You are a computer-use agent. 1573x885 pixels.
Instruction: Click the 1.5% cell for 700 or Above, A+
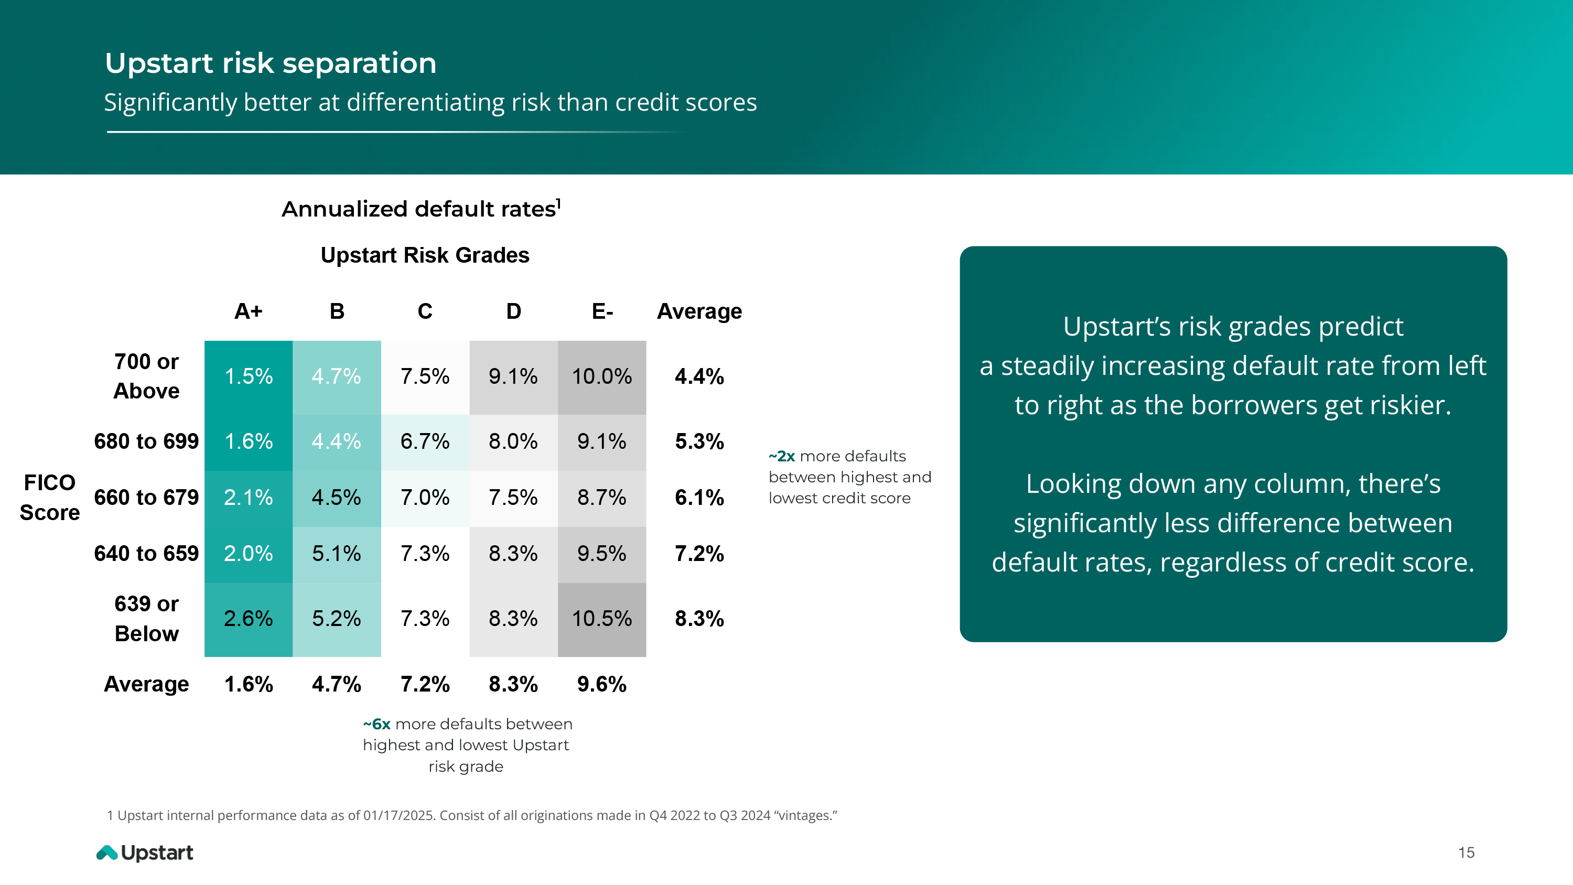pos(248,377)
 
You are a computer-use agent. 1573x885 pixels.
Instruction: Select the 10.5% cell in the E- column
pos(601,619)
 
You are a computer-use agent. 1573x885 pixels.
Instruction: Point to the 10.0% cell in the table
pos(601,377)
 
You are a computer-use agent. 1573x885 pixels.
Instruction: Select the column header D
pos(513,311)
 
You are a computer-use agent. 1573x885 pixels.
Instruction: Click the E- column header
pos(602,311)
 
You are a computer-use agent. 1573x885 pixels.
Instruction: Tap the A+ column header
pos(249,311)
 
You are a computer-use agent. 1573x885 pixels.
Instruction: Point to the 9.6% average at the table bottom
pos(601,685)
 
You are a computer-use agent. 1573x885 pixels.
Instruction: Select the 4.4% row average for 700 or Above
pos(699,377)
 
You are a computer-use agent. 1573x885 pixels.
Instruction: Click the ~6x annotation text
pos(467,745)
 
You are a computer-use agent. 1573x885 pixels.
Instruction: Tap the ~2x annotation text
pos(850,477)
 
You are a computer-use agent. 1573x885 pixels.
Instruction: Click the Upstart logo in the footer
pos(145,852)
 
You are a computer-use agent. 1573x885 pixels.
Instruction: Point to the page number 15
pos(1466,853)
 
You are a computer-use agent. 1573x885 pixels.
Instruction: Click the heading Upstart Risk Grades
pos(425,255)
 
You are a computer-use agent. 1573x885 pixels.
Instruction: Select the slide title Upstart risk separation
pos(271,63)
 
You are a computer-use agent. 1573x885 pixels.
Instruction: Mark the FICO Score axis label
pos(49,498)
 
